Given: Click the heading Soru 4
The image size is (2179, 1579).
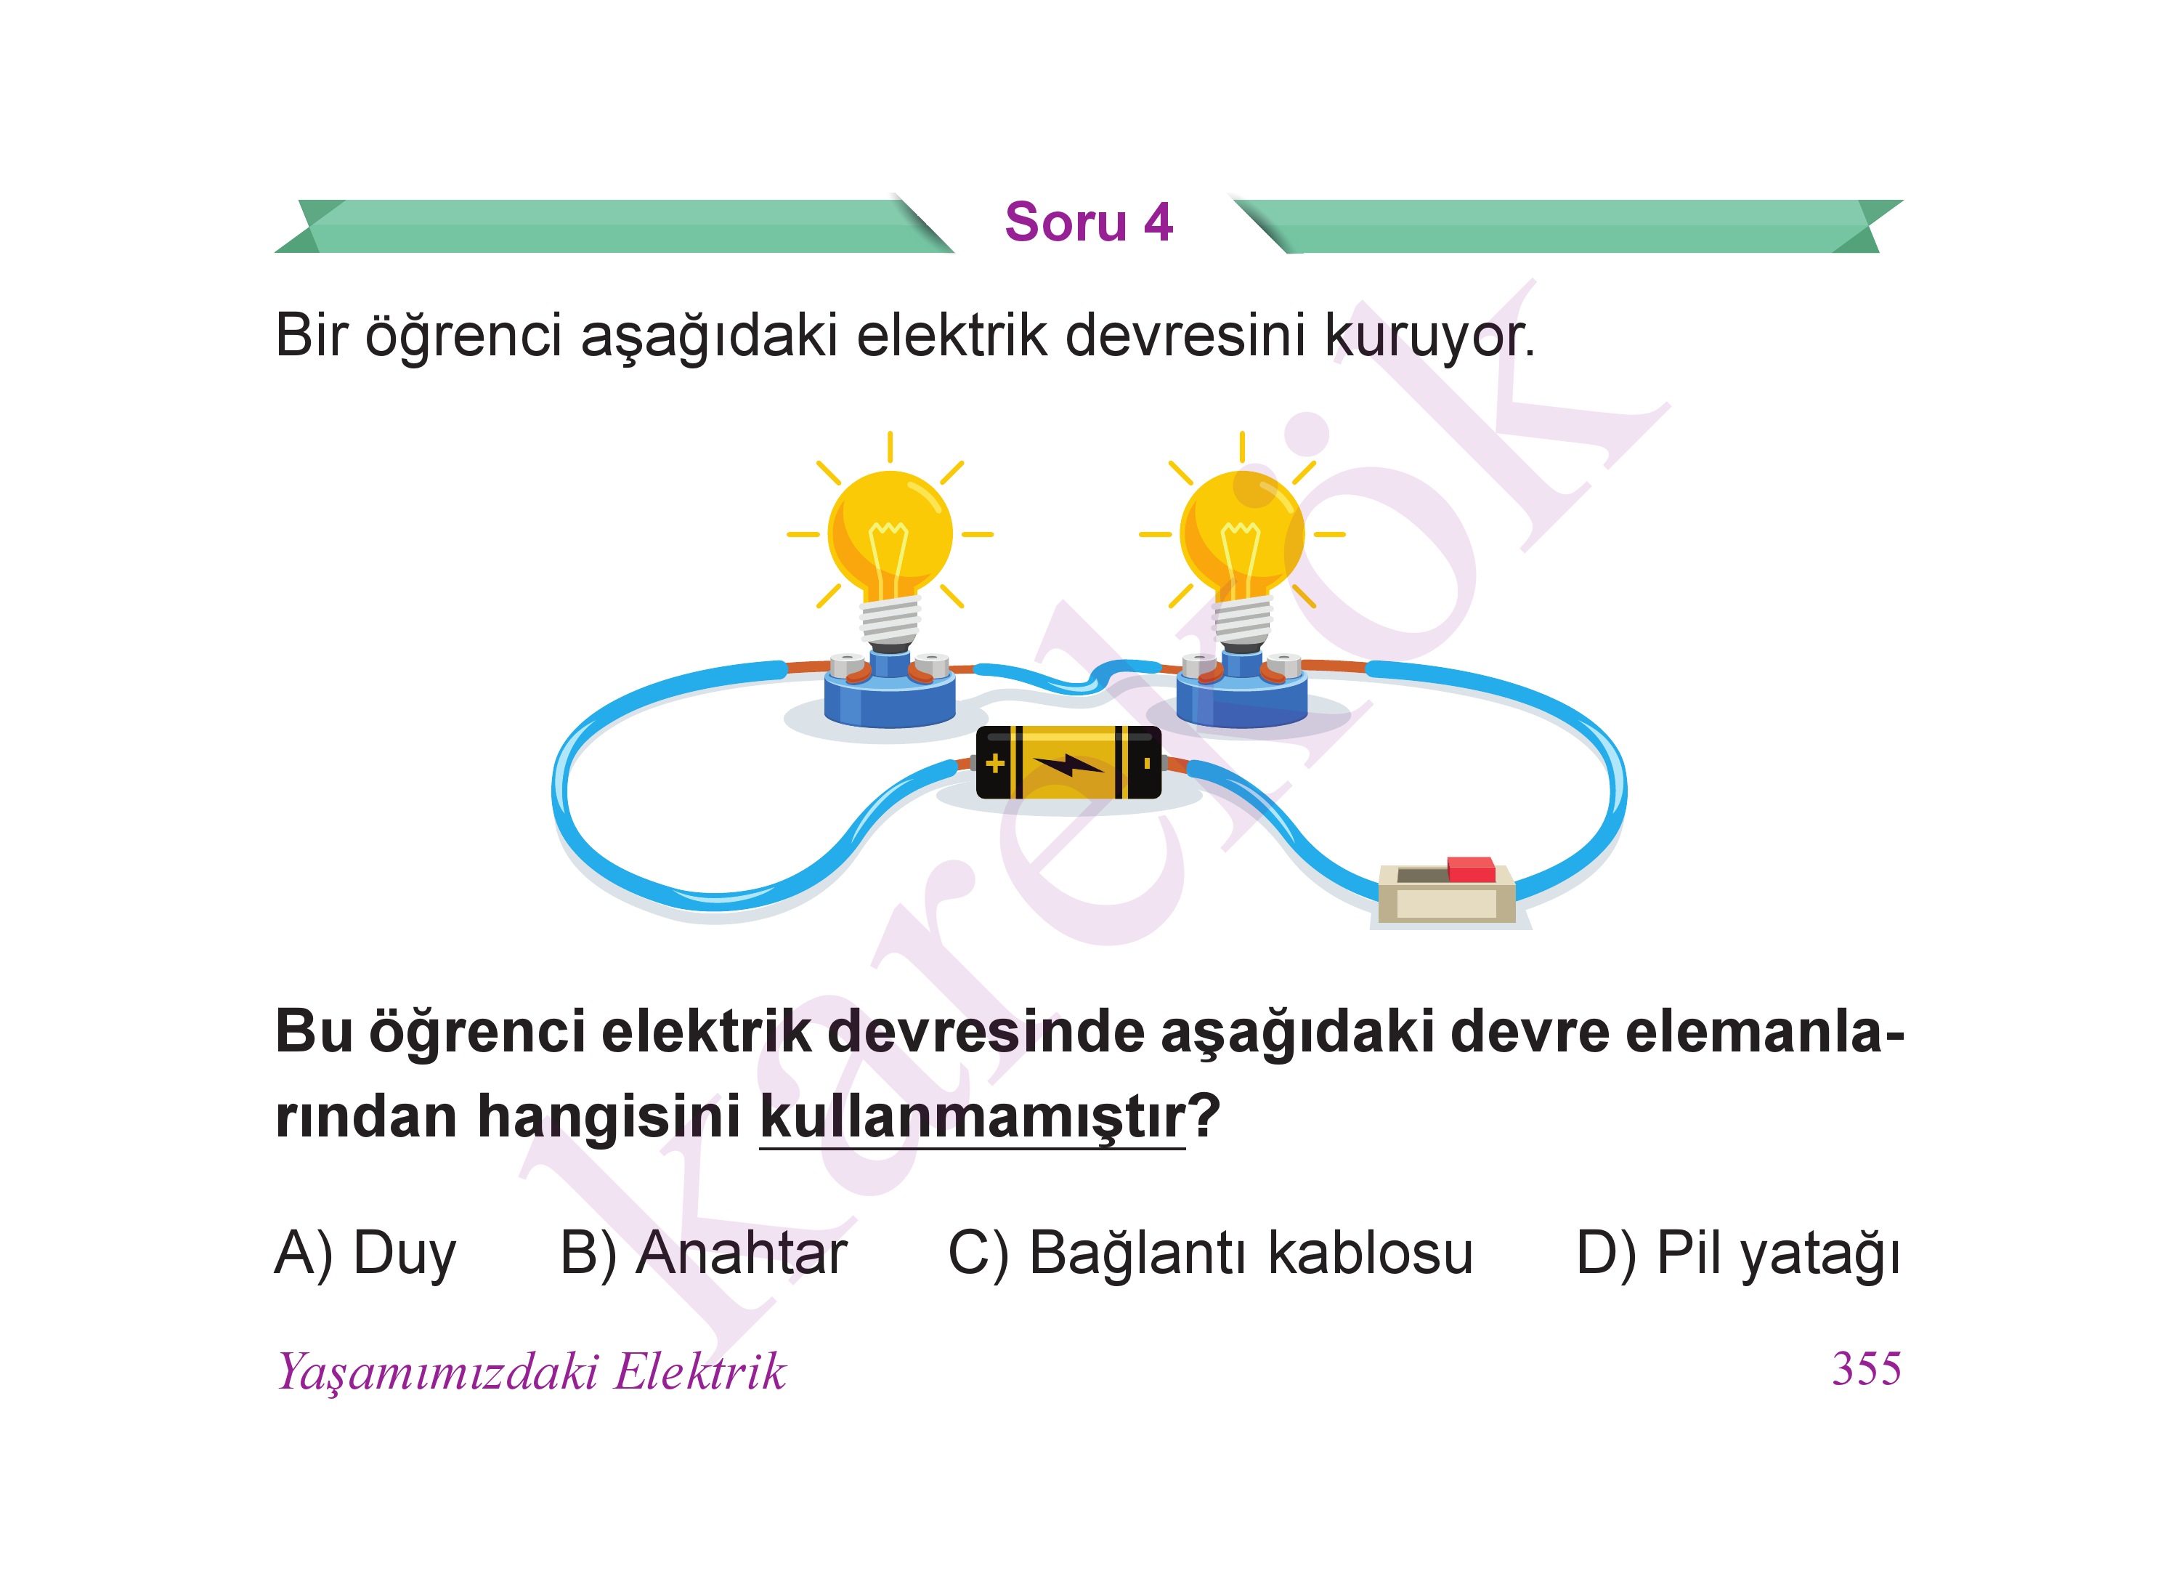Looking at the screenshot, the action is click(x=1089, y=222).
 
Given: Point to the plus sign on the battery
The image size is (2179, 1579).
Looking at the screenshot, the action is click(x=995, y=763).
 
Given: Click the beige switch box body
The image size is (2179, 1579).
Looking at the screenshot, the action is click(x=1447, y=896).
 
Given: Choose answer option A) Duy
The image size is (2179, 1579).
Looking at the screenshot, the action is click(x=365, y=1254).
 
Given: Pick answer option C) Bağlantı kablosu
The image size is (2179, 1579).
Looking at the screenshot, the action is click(x=1211, y=1254).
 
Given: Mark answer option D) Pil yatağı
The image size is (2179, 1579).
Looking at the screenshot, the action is click(x=1739, y=1254).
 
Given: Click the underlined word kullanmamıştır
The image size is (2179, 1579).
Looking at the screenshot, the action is click(x=973, y=1117).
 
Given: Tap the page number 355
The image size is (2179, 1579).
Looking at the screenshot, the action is click(x=1866, y=1368).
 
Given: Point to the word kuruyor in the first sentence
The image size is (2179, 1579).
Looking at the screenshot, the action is click(x=1425, y=336).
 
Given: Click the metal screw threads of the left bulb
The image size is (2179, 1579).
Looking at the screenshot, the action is click(x=890, y=621).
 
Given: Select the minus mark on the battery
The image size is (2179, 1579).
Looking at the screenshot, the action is click(x=1146, y=763).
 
